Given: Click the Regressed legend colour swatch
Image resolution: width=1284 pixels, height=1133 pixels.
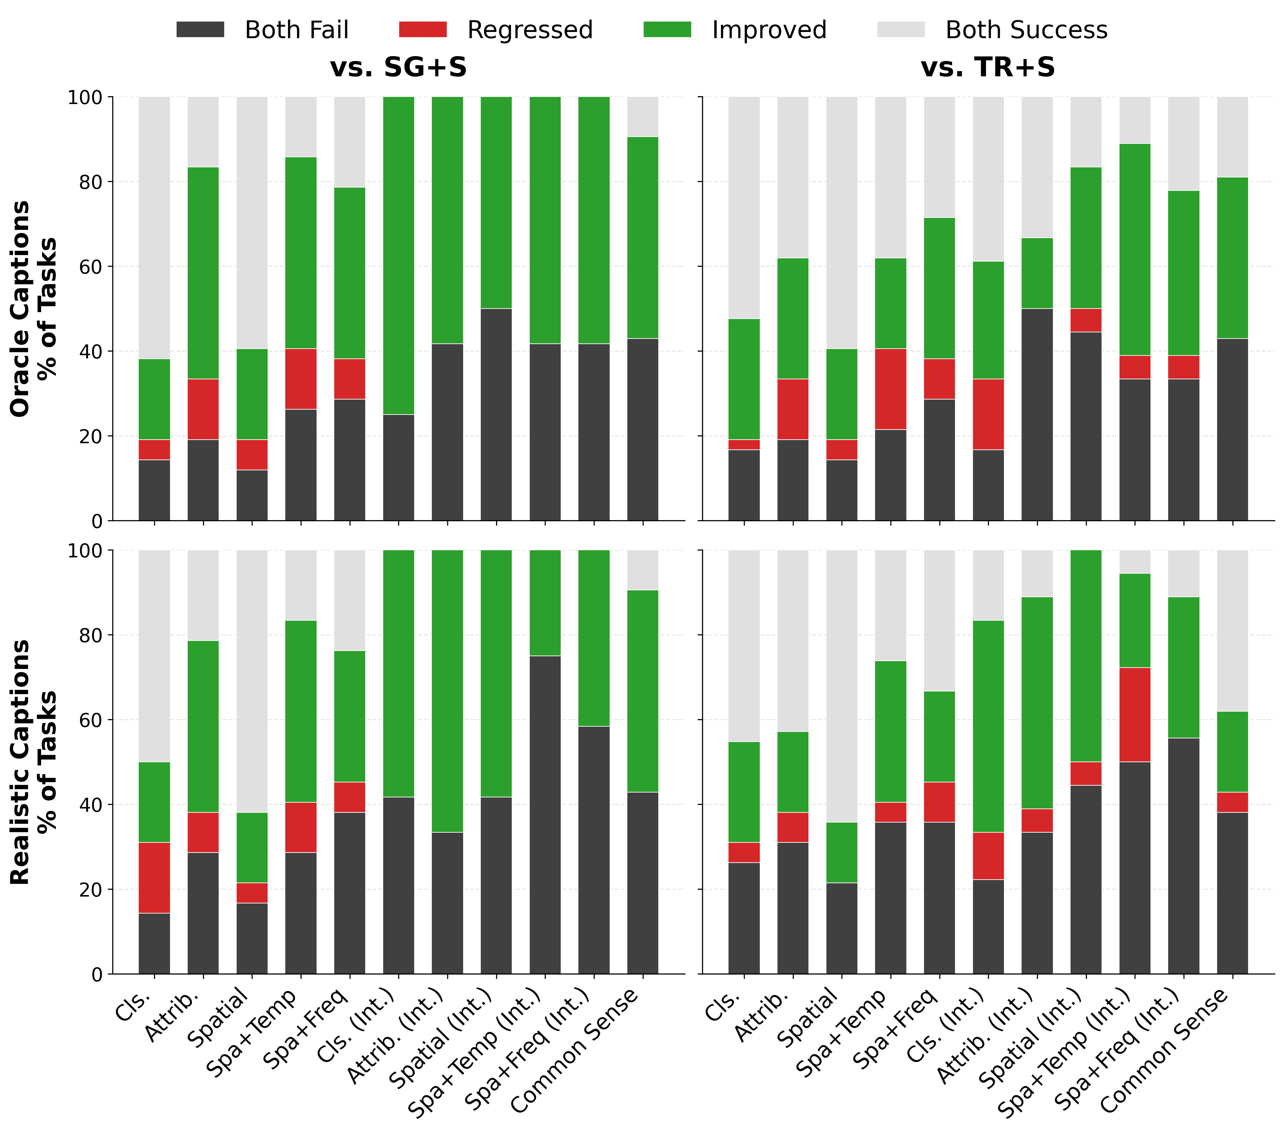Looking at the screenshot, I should pos(423,29).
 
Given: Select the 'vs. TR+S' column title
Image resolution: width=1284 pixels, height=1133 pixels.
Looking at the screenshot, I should pos(988,67).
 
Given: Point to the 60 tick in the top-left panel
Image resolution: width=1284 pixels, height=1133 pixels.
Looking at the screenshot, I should pos(88,267).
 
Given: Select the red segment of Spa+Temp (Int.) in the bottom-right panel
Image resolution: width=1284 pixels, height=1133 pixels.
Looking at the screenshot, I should pos(1135,714).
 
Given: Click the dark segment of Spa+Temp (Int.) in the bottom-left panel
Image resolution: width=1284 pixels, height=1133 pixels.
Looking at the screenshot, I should pos(545,814).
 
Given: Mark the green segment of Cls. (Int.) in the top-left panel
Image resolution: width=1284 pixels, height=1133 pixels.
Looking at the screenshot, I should pos(398,255).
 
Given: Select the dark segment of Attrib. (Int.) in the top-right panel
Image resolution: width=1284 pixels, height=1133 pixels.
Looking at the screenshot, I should pos(1037,414).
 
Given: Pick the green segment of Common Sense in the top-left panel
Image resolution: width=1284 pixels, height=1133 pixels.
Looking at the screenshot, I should pos(642,237).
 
